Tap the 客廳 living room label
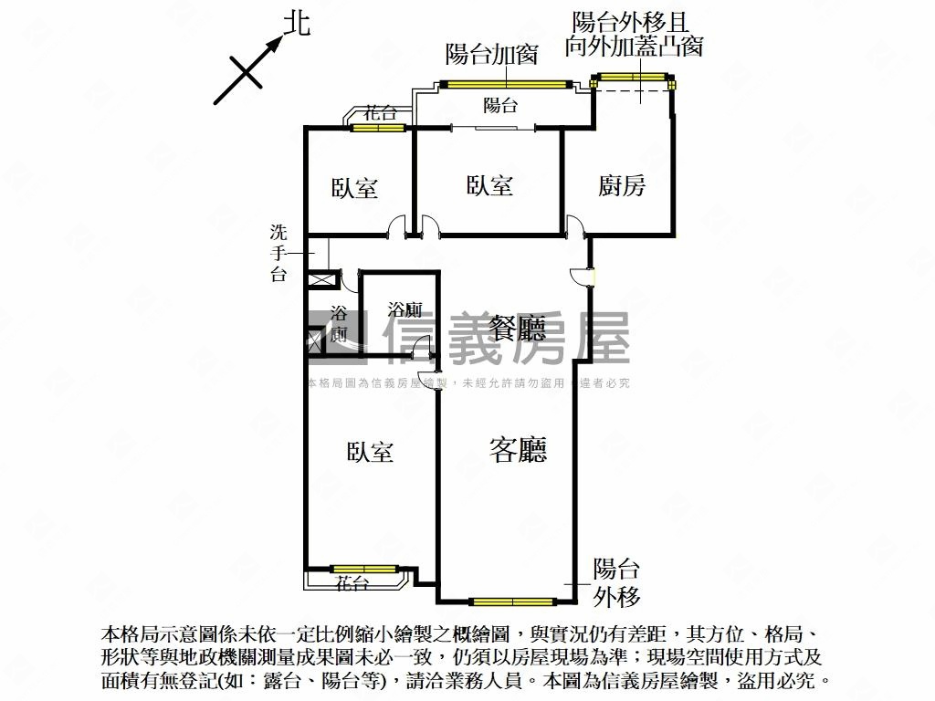point(519,449)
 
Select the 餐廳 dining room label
point(518,328)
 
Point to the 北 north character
point(297,24)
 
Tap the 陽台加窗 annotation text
point(491,54)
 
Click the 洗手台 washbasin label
point(278,252)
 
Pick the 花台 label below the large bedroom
point(352,582)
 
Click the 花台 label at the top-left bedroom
point(380,114)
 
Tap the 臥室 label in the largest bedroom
point(370,452)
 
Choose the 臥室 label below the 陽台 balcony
point(489,186)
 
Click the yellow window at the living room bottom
point(513,602)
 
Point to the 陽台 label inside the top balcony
point(500,105)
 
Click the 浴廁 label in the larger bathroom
point(403,308)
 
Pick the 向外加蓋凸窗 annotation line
point(634,47)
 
